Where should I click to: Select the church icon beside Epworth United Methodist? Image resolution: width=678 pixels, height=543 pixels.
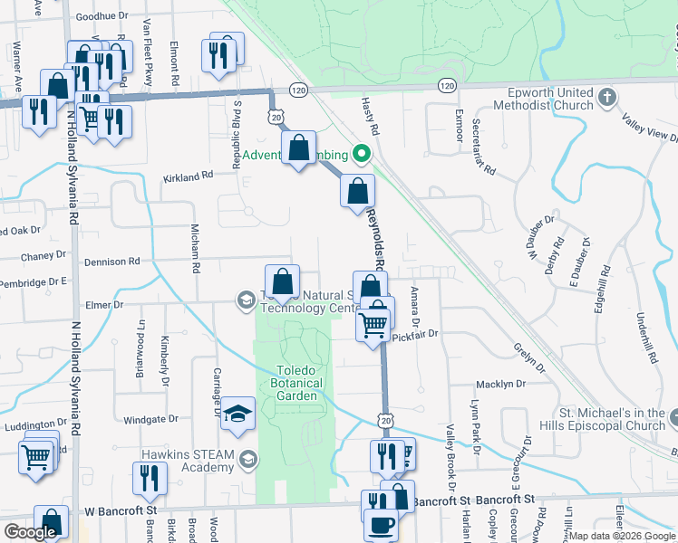pyautogui.click(x=606, y=96)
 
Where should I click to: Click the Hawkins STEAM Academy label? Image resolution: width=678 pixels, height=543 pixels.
pyautogui.click(x=188, y=460)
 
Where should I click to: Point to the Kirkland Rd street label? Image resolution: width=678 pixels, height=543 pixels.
pyautogui.click(x=188, y=176)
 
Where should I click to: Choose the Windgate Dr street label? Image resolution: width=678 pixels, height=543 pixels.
pyautogui.click(x=150, y=419)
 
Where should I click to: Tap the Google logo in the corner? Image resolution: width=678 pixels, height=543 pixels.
pyautogui.click(x=30, y=532)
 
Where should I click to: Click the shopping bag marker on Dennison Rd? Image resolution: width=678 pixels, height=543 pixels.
pyautogui.click(x=283, y=281)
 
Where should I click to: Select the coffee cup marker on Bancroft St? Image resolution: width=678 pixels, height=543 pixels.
pyautogui.click(x=381, y=524)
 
